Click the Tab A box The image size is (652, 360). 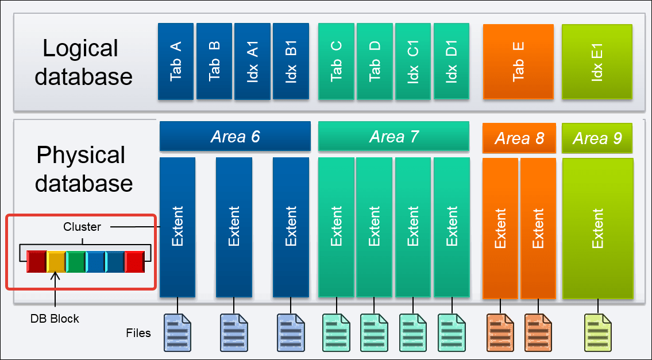point(176,61)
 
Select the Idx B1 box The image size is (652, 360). point(291,61)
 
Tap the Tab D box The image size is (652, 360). point(375,61)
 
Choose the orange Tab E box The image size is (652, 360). point(518,61)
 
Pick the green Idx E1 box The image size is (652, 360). point(597,61)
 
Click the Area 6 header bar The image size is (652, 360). point(235,137)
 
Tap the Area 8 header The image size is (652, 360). point(519,138)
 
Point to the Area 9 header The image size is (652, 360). point(597,138)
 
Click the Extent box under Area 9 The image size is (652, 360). point(598,228)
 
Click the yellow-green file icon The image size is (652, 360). point(597,332)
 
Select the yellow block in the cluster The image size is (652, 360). point(56,261)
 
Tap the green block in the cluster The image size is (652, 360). point(75,261)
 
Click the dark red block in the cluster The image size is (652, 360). point(36,261)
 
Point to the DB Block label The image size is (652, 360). point(55,319)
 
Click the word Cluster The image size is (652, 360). point(82,227)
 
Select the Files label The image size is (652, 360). point(138,332)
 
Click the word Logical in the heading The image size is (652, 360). point(80,48)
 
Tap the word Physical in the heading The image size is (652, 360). point(81,155)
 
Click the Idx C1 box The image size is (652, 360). point(413,61)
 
